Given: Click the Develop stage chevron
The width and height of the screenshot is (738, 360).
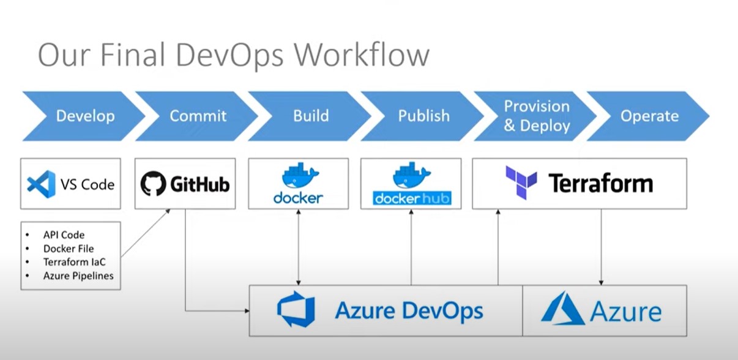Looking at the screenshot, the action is [x=84, y=116].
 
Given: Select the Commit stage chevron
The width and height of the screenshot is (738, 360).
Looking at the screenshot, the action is [x=197, y=116].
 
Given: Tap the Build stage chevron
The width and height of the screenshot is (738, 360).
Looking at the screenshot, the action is [x=310, y=116].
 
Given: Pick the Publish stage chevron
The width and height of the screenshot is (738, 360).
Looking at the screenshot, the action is [x=423, y=116].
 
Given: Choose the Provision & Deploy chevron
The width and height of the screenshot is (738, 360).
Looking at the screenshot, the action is [x=535, y=116].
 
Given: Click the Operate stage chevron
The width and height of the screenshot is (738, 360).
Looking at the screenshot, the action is [x=649, y=116].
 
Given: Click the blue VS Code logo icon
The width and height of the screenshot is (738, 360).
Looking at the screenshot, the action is [x=41, y=184].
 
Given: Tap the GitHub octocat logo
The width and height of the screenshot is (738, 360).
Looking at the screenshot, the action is [x=153, y=184].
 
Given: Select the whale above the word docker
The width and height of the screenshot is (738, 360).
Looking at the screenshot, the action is [x=300, y=175].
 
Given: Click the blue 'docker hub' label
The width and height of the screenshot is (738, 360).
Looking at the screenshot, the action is [x=412, y=198].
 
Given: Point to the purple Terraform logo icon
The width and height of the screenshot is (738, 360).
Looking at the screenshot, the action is [x=521, y=182].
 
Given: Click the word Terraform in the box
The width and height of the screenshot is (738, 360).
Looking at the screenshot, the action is [x=600, y=183].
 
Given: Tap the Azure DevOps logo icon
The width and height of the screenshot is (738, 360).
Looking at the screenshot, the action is [x=296, y=309].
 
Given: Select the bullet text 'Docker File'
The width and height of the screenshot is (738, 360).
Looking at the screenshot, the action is [x=69, y=249].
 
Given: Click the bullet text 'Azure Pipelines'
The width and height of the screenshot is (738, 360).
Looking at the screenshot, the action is [x=78, y=276].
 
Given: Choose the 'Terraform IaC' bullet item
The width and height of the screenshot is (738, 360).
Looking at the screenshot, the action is [x=75, y=262].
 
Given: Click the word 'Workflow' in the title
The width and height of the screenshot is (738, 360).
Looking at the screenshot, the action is [x=362, y=54].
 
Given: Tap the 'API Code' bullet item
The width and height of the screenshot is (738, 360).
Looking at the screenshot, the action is [x=64, y=234].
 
